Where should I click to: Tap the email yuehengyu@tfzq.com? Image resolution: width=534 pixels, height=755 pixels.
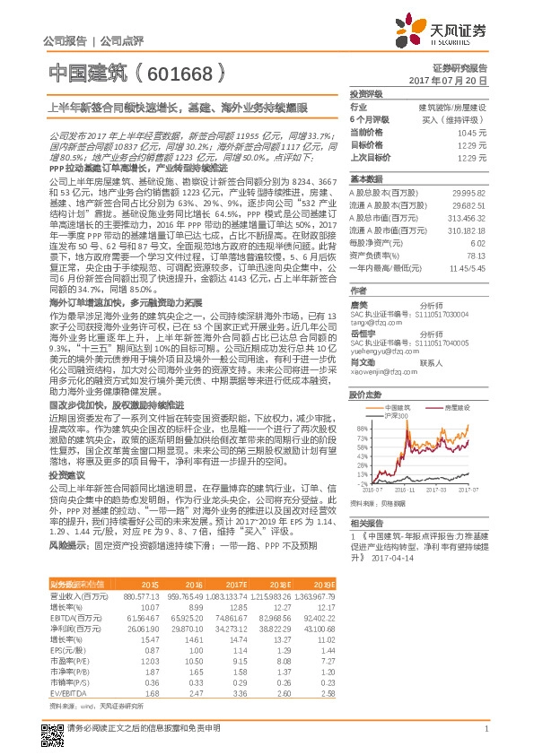(378, 353)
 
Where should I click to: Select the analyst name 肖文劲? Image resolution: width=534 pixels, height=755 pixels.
(363, 363)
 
